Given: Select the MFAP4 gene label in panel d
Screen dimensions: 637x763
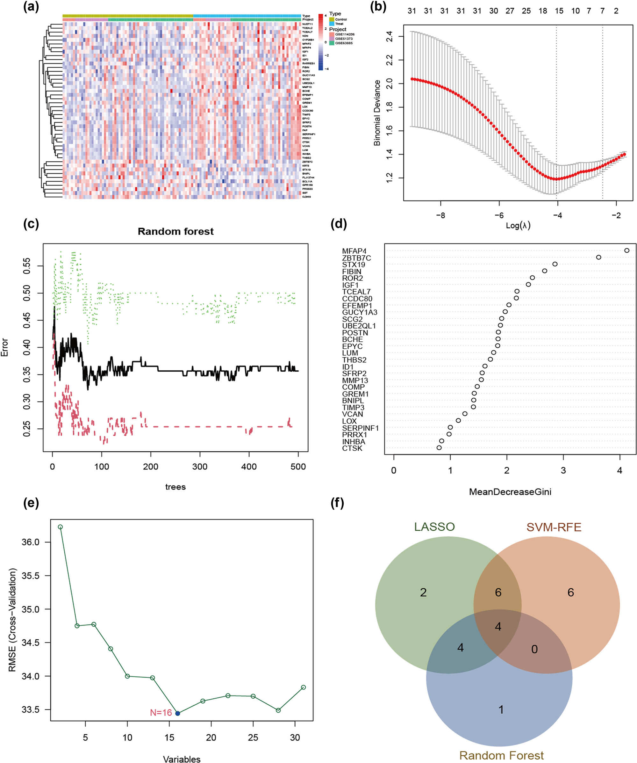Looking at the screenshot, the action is [x=354, y=251].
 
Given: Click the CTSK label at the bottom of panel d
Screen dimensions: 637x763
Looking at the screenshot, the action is [x=352, y=448].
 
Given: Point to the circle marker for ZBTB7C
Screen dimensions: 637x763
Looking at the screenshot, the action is [x=598, y=257].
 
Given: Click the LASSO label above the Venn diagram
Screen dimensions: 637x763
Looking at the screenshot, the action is [x=434, y=527].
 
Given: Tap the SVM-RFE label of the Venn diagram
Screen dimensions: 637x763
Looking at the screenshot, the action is [x=554, y=527].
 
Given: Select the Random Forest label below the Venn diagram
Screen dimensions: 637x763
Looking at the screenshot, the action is [x=502, y=755].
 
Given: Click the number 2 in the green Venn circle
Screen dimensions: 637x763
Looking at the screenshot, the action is [x=423, y=592].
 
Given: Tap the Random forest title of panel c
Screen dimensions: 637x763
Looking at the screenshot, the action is [x=175, y=231].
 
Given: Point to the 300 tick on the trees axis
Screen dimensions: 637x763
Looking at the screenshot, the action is [x=200, y=467].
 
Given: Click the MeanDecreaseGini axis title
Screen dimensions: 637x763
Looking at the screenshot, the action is [x=510, y=492].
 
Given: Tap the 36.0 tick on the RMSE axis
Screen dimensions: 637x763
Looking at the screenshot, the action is [x=31, y=542].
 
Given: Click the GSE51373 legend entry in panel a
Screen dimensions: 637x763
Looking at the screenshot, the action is [x=343, y=39].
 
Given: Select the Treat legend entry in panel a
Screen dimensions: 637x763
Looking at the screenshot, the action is [x=339, y=24].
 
